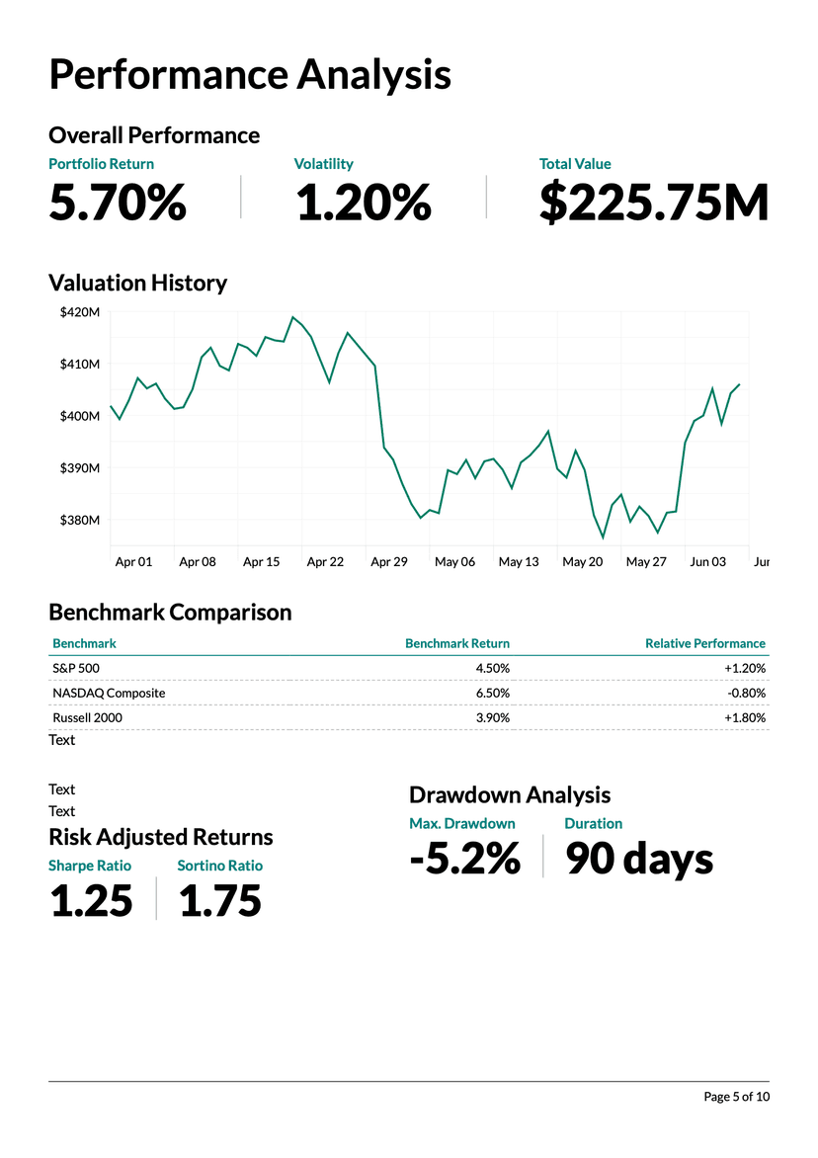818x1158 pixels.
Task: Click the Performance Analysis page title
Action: coord(250,75)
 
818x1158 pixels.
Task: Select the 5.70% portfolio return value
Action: coord(118,203)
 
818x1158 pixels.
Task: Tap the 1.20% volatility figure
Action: coord(363,203)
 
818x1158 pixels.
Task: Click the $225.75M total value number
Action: coord(653,203)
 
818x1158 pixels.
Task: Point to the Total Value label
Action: coord(575,164)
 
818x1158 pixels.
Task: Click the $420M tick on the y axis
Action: coord(80,312)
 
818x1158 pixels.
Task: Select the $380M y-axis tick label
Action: coord(80,520)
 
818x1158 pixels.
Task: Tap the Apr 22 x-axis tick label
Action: coord(325,561)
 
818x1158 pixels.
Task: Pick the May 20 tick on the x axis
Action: coord(582,561)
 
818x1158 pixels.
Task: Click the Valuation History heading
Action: coord(137,283)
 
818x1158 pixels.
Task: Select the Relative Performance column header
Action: coord(704,643)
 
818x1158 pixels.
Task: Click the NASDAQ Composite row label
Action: coord(109,693)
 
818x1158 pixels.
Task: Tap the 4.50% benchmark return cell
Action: coord(492,668)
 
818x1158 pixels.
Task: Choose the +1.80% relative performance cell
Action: coord(745,717)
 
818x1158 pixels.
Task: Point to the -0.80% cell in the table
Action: coord(746,693)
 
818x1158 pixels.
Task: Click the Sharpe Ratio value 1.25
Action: coord(91,901)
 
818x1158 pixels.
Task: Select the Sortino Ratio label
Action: coord(219,866)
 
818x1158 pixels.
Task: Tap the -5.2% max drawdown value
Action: coord(464,859)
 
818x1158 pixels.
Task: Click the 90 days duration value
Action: coord(639,859)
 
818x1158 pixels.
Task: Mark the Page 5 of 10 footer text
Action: coord(735,1097)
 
